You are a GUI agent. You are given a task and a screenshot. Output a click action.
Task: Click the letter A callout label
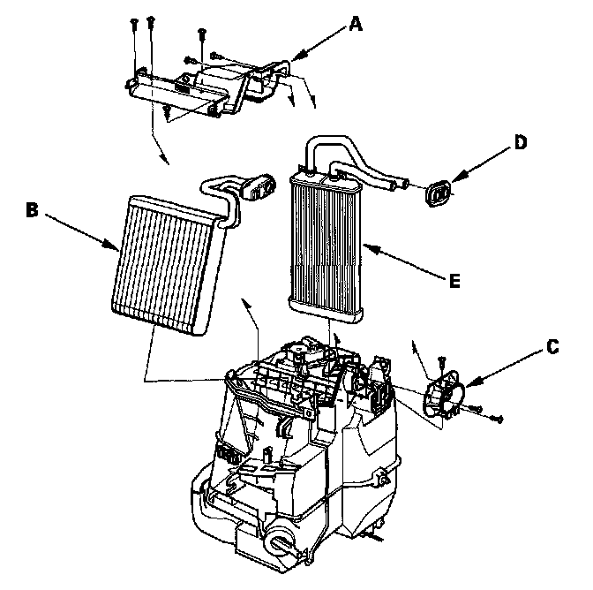click(x=356, y=24)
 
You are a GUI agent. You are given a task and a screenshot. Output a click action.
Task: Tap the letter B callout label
click(x=31, y=209)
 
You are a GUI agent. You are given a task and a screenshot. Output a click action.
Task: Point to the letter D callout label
click(x=521, y=142)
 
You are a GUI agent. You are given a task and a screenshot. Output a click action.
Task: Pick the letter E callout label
click(x=454, y=281)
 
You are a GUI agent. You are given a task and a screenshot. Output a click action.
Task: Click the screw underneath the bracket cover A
click(x=166, y=111)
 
